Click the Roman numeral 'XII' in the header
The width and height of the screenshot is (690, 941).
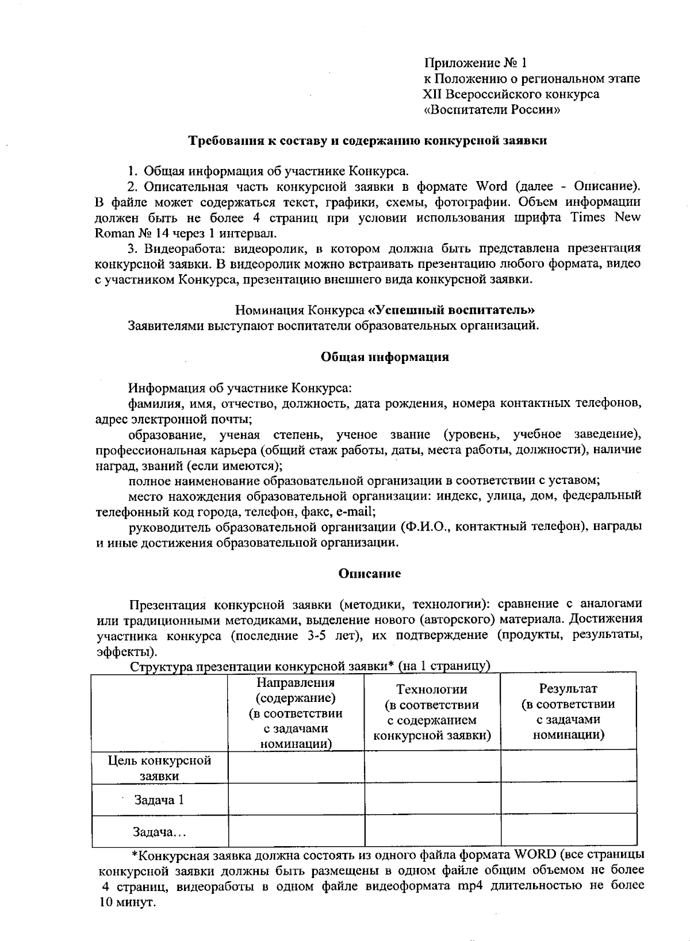click(x=433, y=94)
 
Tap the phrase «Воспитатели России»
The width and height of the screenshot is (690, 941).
click(x=492, y=110)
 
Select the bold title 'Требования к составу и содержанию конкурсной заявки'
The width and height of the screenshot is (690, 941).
click(x=368, y=140)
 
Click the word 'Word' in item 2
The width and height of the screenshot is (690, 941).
click(x=492, y=186)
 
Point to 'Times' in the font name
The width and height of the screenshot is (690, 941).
click(x=589, y=218)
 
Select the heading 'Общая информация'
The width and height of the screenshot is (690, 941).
click(x=384, y=357)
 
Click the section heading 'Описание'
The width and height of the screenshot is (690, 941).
click(x=369, y=574)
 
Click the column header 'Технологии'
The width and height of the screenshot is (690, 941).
click(x=432, y=689)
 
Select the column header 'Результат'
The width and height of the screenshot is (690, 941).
click(x=568, y=688)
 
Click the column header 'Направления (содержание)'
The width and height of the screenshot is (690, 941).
click(x=296, y=690)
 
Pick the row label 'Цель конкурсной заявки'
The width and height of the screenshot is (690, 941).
click(x=160, y=768)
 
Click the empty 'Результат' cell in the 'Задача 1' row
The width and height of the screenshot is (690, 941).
click(x=568, y=800)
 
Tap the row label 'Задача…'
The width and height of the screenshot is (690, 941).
click(x=160, y=832)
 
